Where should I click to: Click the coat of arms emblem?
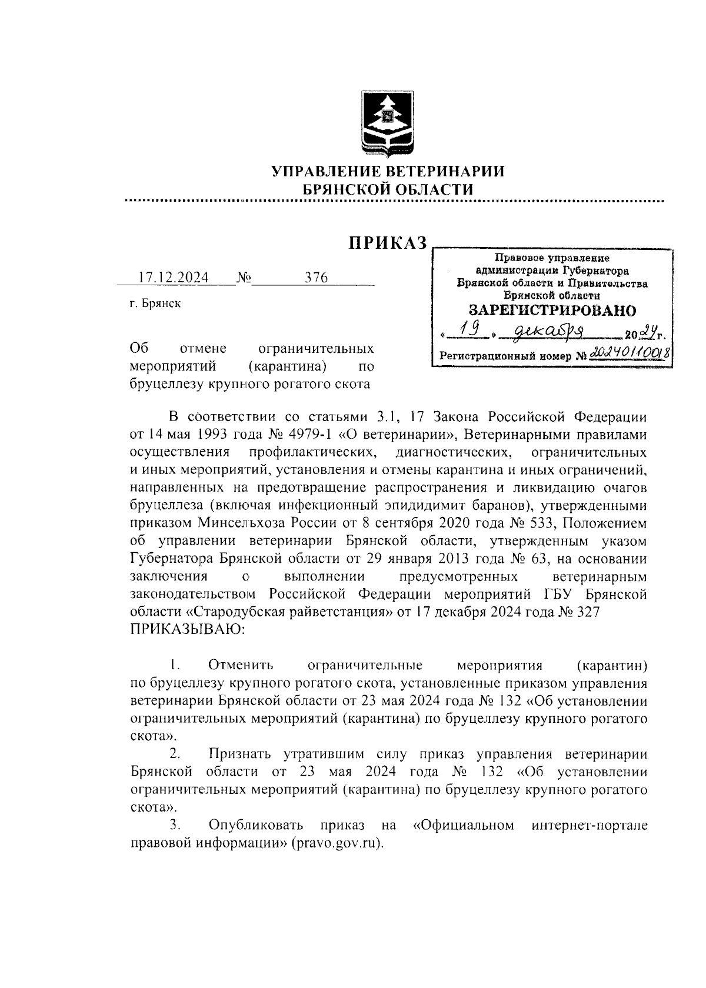coord(387,124)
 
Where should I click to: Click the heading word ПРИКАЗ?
coord(387,243)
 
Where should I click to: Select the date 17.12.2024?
coord(173,278)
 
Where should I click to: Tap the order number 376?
coord(316,278)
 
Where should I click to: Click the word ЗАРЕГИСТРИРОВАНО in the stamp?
coord(552,310)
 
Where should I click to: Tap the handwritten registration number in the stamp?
coord(631,353)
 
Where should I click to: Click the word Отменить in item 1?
coord(241,666)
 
